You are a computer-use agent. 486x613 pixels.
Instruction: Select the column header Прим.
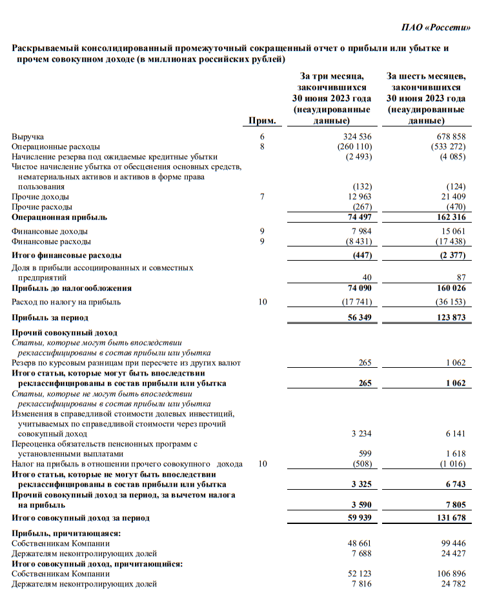(262, 121)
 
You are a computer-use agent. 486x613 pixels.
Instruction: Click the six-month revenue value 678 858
(450, 137)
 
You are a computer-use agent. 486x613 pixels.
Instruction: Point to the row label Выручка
(28, 137)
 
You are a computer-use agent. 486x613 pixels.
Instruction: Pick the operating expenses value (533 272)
(447, 146)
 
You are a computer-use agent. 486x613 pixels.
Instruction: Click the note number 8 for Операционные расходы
(262, 146)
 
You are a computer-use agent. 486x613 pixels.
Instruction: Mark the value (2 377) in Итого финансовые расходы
(450, 256)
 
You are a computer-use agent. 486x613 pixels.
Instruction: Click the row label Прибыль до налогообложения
(72, 288)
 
